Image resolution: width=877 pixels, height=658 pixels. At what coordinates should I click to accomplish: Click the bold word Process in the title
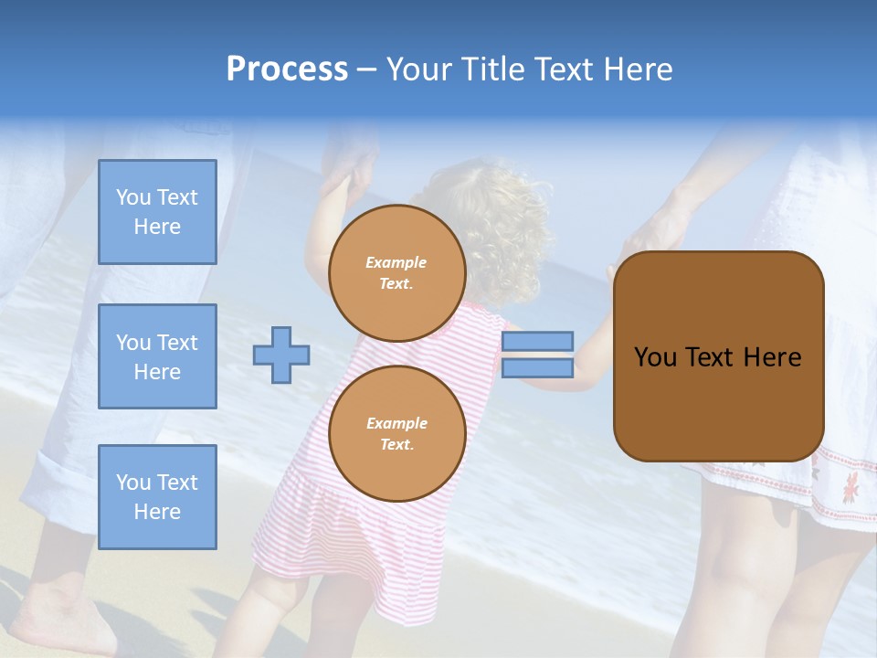click(x=287, y=69)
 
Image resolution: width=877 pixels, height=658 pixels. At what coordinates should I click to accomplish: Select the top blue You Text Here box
click(x=157, y=212)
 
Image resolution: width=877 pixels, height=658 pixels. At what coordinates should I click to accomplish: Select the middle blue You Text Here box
click(x=157, y=356)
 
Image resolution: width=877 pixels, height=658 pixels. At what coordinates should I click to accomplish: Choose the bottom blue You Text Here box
click(x=157, y=497)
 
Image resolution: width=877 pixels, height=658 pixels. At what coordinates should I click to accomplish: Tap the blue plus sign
click(x=280, y=355)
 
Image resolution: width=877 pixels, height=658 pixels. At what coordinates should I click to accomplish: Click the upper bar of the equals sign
click(x=537, y=341)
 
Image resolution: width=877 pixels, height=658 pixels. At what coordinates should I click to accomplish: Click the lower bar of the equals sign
click(x=537, y=368)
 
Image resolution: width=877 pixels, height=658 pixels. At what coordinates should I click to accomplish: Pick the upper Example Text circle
click(x=396, y=272)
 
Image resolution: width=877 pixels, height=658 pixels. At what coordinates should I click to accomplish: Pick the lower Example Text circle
click(x=396, y=433)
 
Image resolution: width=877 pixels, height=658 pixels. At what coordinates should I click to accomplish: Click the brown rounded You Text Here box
click(x=718, y=356)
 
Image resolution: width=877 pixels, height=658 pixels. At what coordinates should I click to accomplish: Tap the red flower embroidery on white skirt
click(x=850, y=484)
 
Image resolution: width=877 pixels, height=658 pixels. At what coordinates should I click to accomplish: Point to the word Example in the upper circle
click(x=396, y=262)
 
